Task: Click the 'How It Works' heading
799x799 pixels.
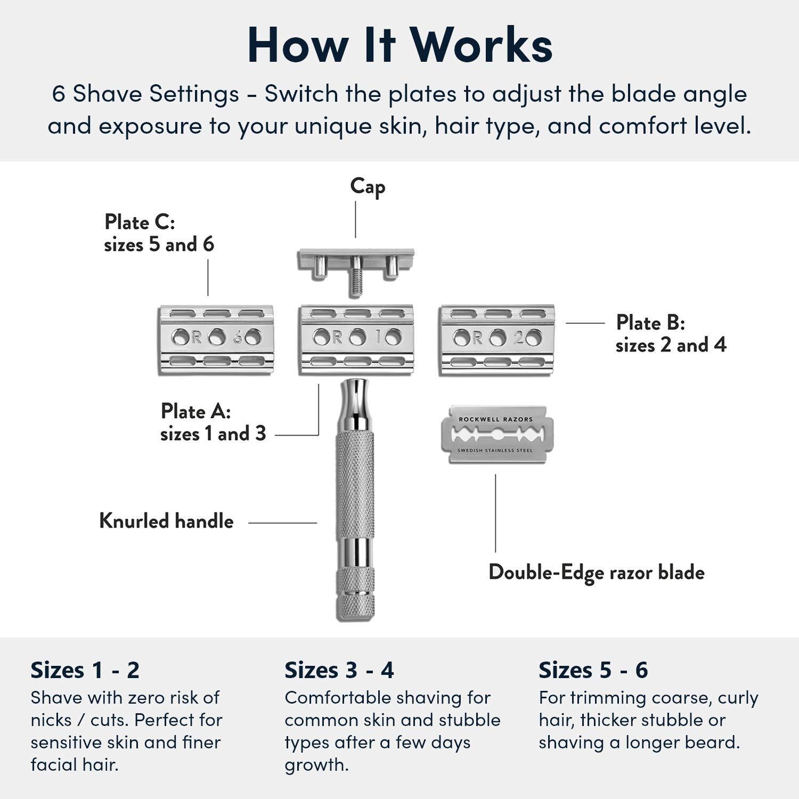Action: (399, 45)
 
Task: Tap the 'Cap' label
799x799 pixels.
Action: (368, 187)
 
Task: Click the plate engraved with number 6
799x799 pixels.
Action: (216, 340)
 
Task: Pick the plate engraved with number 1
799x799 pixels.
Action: (356, 340)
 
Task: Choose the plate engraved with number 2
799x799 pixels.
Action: (496, 340)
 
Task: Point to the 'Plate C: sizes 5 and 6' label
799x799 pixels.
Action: (158, 233)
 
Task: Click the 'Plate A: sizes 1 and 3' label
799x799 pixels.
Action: (213, 422)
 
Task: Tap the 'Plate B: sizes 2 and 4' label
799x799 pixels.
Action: (671, 333)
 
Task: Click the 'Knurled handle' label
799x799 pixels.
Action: (166, 521)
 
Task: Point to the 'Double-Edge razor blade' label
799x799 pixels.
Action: (596, 572)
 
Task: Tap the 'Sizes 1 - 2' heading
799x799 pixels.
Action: (85, 670)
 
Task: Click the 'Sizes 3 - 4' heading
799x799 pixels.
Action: (339, 670)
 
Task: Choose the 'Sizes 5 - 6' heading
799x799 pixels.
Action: (593, 670)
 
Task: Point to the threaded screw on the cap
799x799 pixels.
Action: (355, 284)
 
